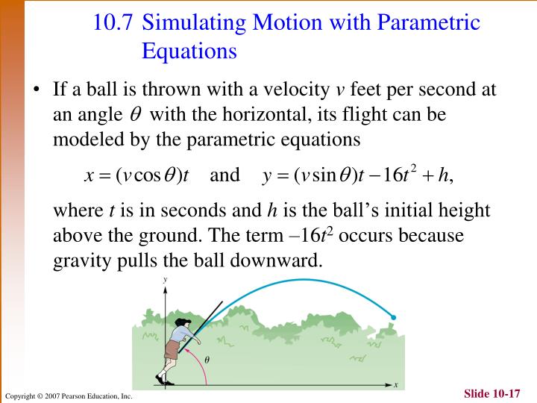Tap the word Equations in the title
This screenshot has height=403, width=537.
189,51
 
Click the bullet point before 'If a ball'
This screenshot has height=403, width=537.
36,91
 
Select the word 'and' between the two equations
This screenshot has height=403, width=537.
224,175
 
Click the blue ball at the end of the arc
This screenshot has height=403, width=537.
394,317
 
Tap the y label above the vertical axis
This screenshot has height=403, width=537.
164,279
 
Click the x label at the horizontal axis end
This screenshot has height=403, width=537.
396,384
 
